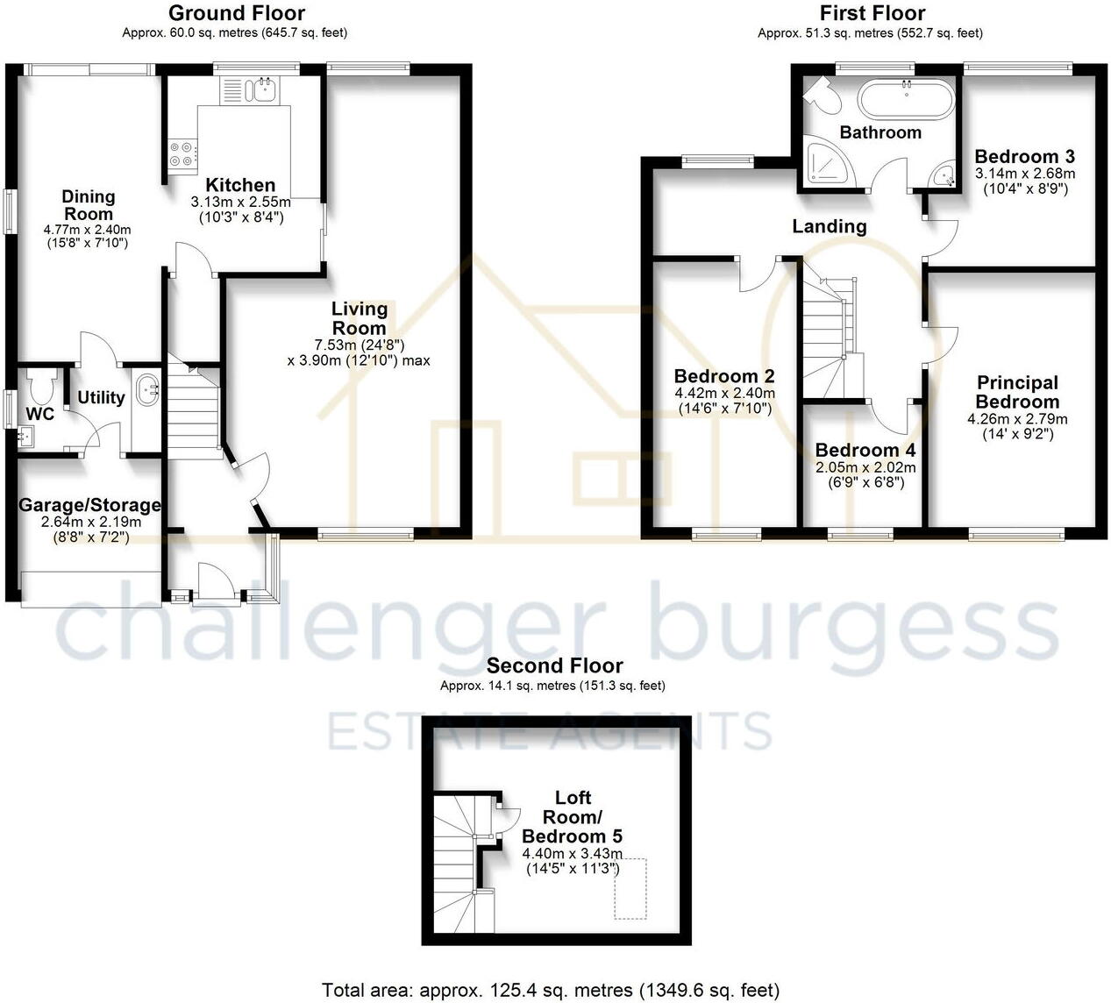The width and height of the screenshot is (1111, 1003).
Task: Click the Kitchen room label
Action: [240, 185]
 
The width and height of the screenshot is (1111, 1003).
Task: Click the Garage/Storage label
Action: [90, 505]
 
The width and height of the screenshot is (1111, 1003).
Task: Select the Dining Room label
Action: [89, 205]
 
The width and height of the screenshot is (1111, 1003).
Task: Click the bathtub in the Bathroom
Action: [905, 99]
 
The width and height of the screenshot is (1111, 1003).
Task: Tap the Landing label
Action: [830, 226]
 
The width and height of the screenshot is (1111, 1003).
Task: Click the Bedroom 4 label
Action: [865, 450]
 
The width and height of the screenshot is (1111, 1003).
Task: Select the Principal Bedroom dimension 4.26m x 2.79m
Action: [1017, 419]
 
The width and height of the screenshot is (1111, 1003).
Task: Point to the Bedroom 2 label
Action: [724, 376]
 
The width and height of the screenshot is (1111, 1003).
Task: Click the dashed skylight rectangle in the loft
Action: [630, 888]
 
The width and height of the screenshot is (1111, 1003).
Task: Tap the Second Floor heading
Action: [555, 665]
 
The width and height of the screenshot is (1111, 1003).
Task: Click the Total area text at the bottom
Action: [551, 991]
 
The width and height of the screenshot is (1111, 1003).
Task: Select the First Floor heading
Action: [872, 13]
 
